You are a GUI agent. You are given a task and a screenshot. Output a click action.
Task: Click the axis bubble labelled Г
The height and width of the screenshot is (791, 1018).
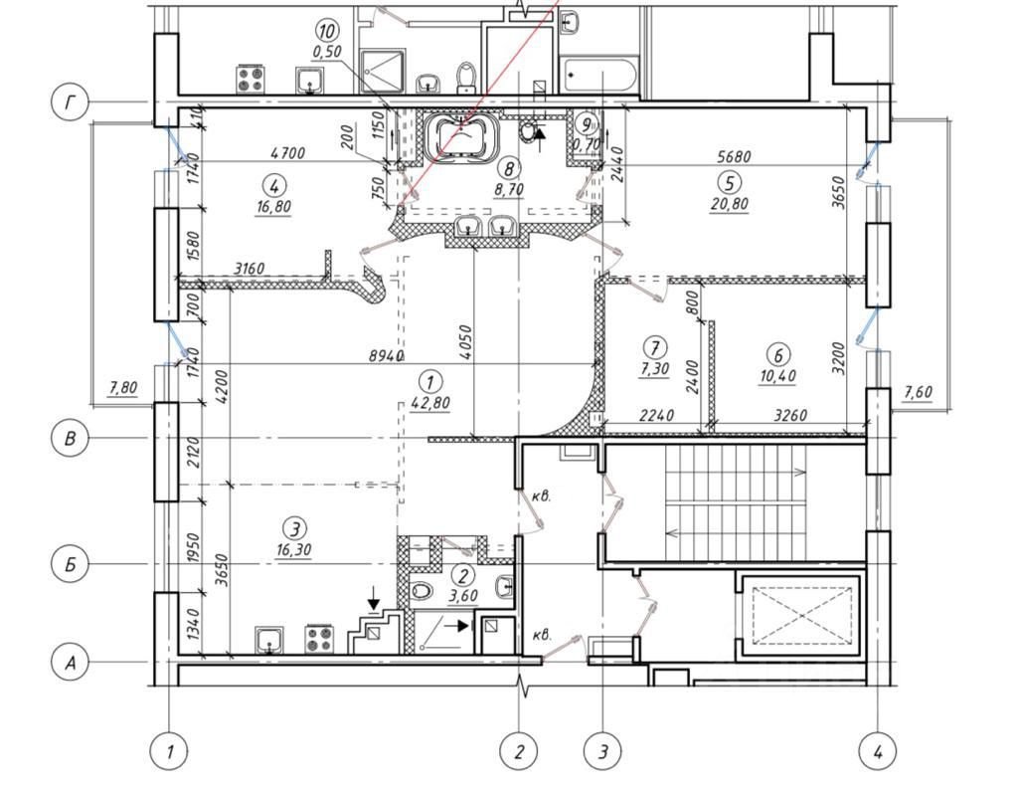(x=70, y=102)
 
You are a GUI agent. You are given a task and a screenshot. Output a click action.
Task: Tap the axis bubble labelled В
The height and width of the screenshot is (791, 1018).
(x=70, y=439)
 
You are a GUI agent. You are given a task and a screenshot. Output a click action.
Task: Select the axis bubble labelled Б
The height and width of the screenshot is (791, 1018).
(x=70, y=564)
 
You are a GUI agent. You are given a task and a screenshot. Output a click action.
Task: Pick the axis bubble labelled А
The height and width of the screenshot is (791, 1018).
(x=70, y=662)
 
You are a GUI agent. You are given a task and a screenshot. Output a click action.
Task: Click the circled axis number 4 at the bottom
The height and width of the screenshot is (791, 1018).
(x=877, y=751)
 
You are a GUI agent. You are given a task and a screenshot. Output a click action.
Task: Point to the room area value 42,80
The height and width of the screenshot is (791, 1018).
(x=429, y=403)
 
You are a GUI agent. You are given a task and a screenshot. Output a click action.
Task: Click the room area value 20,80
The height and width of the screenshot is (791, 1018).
(x=729, y=204)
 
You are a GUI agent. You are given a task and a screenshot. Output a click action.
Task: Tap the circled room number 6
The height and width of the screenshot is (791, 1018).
(x=778, y=354)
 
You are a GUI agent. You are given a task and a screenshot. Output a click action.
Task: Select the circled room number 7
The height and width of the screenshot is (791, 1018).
(x=654, y=347)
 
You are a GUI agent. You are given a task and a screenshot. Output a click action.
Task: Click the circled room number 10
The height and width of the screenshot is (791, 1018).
(x=326, y=31)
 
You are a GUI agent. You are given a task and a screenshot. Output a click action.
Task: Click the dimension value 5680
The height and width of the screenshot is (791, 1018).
(x=733, y=156)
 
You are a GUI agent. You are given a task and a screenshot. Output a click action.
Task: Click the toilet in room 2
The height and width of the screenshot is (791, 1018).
(x=422, y=590)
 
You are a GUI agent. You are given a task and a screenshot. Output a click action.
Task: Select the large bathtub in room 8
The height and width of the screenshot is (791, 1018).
(x=463, y=136)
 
